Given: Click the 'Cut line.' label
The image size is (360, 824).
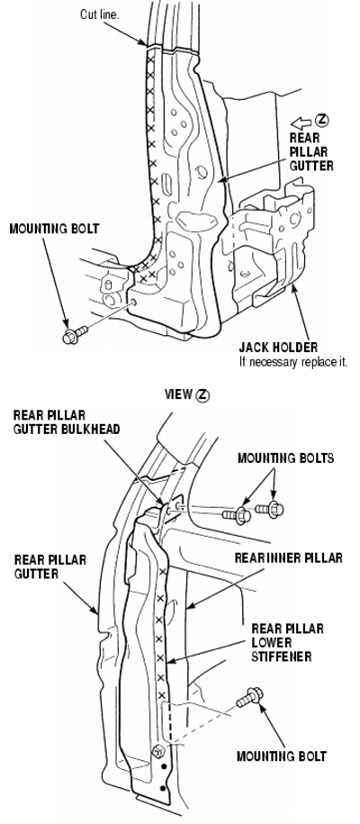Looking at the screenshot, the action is point(100,14).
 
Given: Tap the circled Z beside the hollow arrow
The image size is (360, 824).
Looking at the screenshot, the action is point(322,121).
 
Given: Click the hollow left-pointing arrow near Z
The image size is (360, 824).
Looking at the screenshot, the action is point(301,123).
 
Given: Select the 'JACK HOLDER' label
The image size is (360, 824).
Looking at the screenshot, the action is point(278,348).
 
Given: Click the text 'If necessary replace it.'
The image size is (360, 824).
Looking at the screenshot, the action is point(293,361).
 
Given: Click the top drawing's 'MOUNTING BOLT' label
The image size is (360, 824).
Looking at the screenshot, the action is point(54,229).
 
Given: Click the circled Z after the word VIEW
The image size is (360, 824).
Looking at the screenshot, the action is point(202,395).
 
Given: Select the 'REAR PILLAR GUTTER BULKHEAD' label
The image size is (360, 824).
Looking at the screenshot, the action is point(67,422).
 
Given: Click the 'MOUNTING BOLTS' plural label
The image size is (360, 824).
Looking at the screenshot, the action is point(285,458).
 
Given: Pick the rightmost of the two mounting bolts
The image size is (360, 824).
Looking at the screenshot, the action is point(270,509).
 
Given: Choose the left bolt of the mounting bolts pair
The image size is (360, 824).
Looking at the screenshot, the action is point(237,514).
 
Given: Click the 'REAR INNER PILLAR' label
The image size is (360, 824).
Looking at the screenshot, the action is point(289,557).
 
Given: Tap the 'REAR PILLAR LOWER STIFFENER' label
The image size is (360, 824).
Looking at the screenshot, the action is point(287,642).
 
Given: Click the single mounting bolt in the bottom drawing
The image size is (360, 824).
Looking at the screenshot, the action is point(249,698).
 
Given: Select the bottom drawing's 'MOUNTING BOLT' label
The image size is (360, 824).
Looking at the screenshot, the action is point(281,756).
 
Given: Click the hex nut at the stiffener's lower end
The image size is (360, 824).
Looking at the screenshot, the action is point(156,751).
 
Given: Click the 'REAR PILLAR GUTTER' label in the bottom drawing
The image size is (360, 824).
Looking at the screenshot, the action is point(50,566).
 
